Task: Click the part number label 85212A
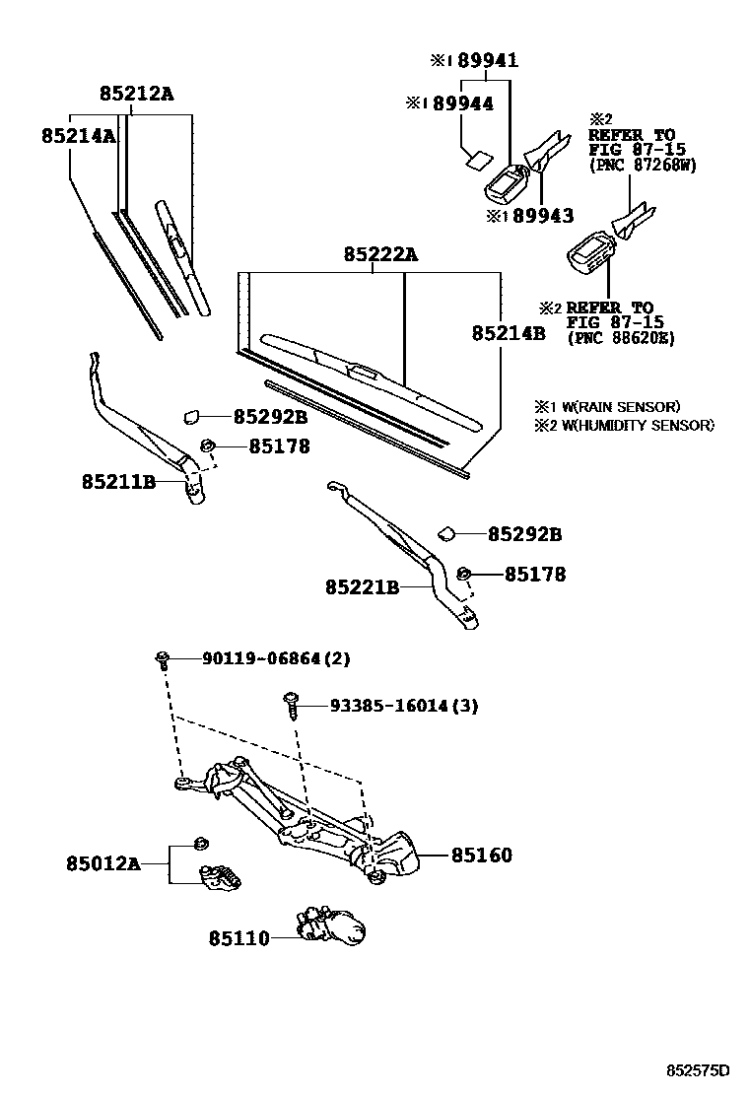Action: (136, 94)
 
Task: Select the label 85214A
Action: (78, 136)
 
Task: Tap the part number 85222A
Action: (380, 255)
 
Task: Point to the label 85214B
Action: (508, 333)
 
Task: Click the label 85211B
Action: (118, 482)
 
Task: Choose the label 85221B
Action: (362, 587)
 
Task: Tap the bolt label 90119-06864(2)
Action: (277, 658)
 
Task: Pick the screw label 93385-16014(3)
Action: (403, 706)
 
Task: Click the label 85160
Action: (482, 856)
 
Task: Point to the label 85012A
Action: (102, 864)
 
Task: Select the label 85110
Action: (238, 939)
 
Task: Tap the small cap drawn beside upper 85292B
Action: (192, 417)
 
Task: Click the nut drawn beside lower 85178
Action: (464, 574)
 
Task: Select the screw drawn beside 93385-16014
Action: (291, 706)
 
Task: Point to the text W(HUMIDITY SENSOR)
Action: (631, 425)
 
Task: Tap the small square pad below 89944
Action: (477, 155)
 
